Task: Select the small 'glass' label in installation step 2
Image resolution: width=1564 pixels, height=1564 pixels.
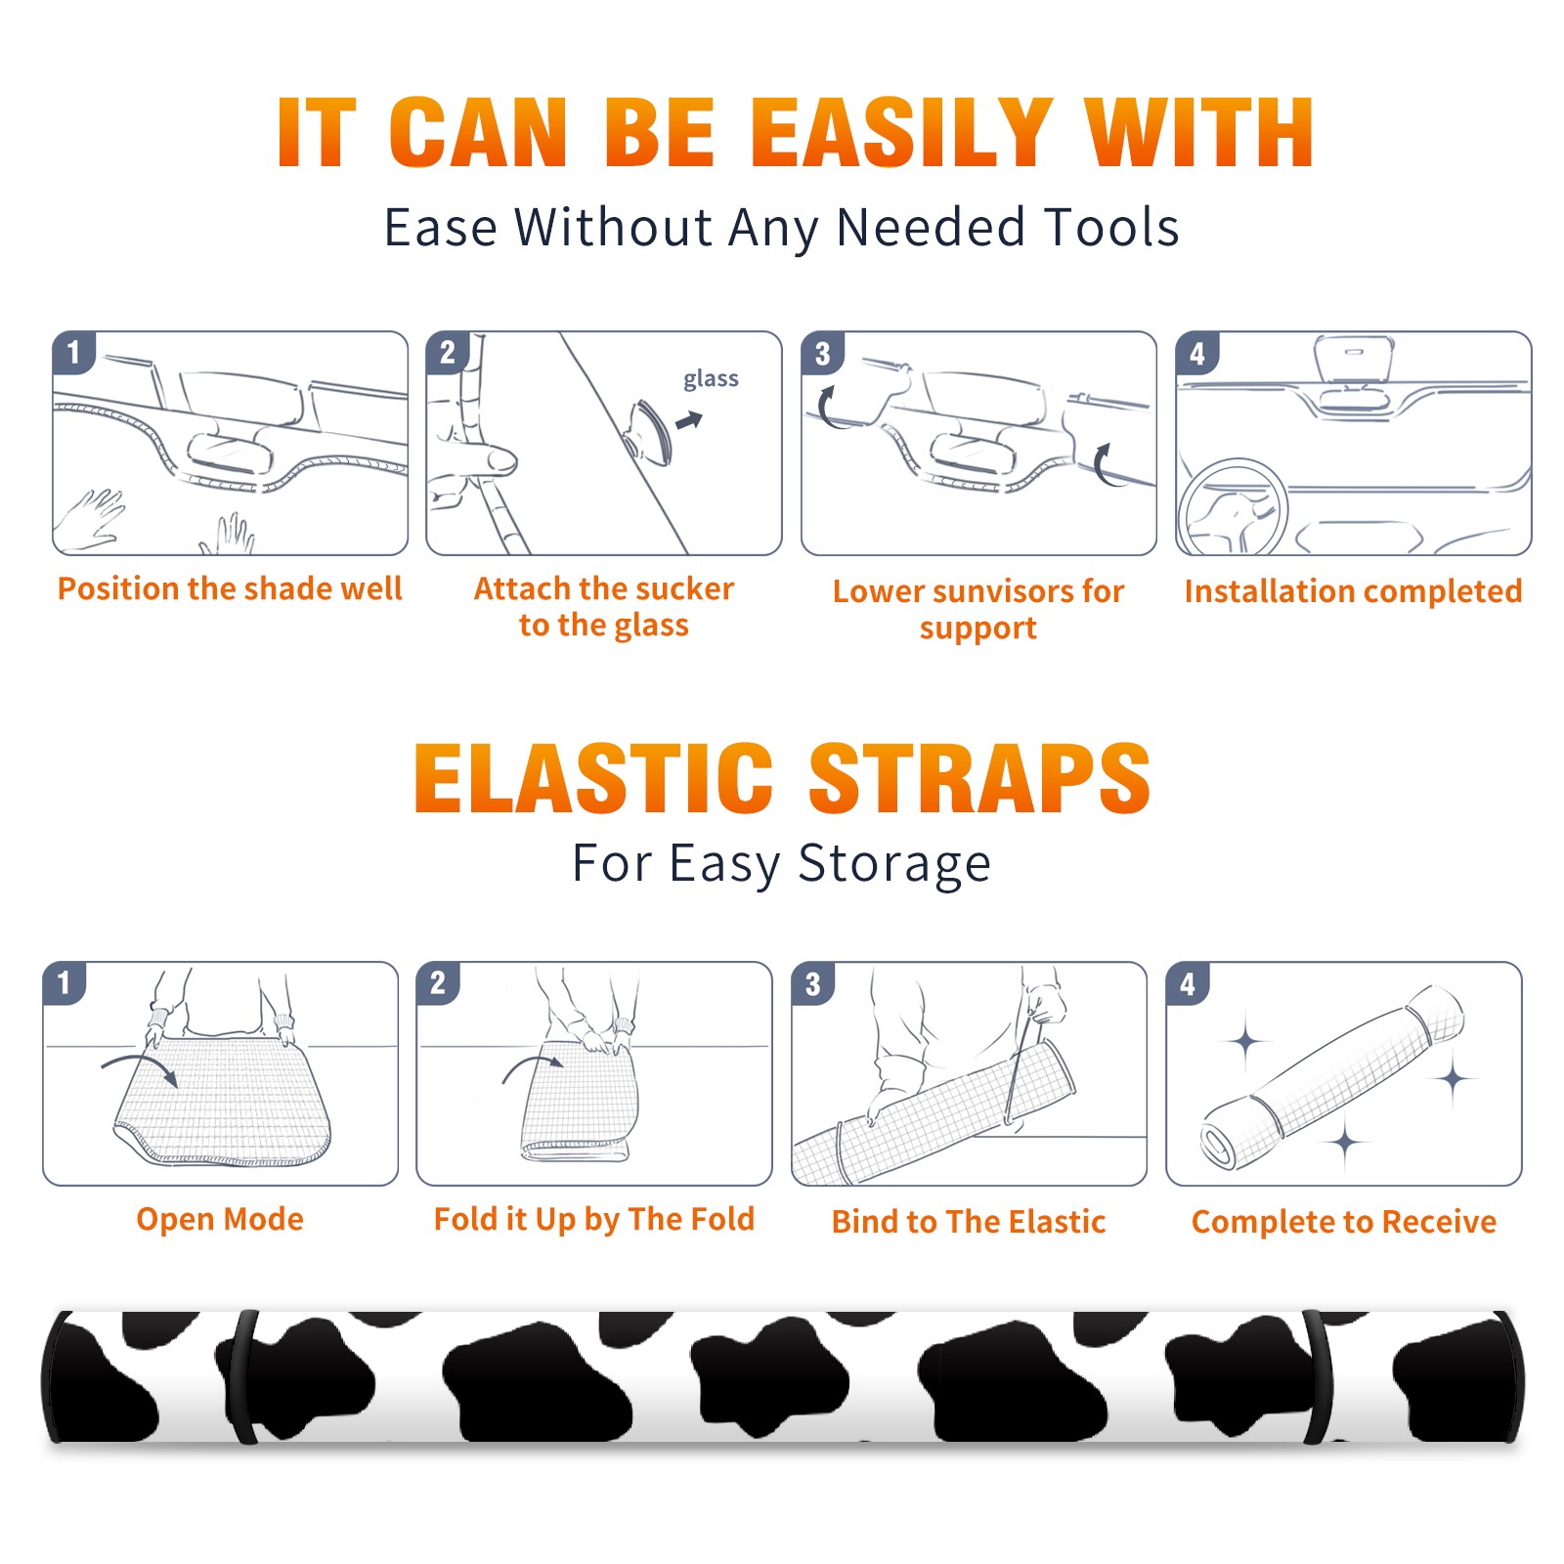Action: point(711,379)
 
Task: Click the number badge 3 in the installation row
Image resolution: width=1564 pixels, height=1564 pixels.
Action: point(822,353)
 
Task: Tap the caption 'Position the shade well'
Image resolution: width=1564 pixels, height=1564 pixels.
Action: point(230,588)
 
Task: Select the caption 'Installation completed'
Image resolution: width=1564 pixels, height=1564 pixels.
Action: point(1353,590)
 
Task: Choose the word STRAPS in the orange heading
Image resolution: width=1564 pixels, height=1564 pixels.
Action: point(979,778)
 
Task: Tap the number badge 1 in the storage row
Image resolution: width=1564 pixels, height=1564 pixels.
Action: point(64,983)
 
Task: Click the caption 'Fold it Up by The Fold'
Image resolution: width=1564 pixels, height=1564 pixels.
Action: point(594,1220)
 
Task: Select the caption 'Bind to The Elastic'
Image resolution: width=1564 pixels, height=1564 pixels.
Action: point(969,1222)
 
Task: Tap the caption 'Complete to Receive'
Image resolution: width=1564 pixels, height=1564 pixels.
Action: point(1344,1222)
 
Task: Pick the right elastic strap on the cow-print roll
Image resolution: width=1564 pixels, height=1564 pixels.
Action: point(1320,1377)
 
